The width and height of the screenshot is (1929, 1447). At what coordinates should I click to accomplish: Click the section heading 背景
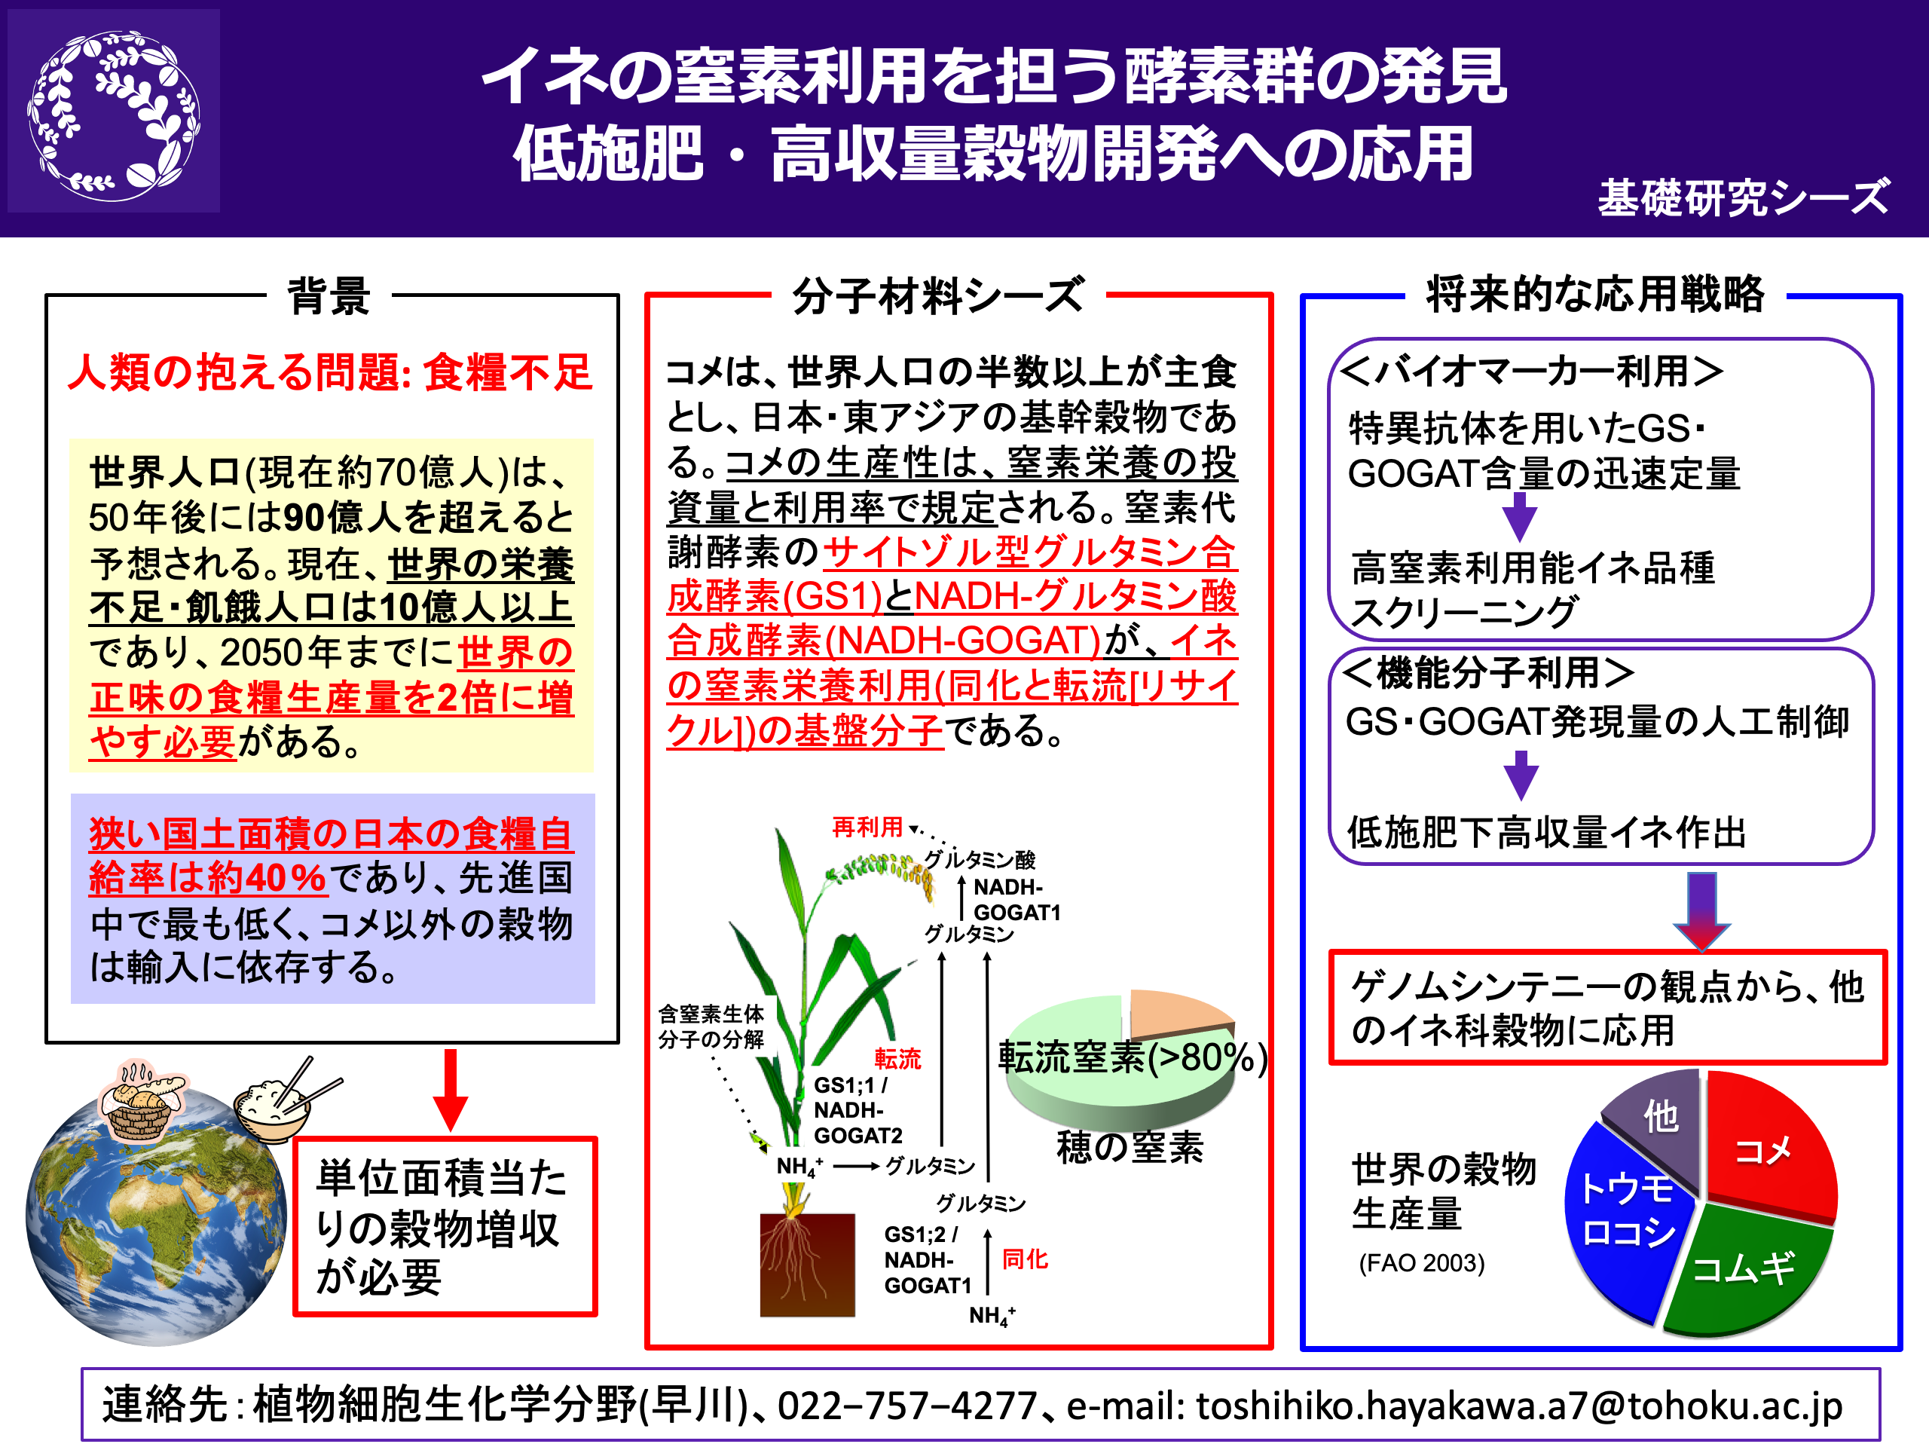pos(329,295)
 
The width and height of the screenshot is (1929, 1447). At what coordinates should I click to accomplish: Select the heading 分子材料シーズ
pos(938,295)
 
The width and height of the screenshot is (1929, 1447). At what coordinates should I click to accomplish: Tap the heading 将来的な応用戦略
pos(1595,294)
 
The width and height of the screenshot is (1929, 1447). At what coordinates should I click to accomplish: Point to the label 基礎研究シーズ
pos(1743,197)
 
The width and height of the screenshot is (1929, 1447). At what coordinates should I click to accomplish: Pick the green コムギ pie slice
pos(1748,1269)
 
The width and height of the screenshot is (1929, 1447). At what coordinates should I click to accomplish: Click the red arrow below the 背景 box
pos(450,1091)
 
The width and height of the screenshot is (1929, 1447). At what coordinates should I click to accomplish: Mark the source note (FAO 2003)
pos(1421,1263)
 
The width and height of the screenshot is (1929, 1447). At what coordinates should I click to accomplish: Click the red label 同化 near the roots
pos(1025,1259)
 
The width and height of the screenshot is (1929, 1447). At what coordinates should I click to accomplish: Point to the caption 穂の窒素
pos(1130,1147)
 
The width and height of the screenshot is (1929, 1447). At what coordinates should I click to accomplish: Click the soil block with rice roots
pos(807,1265)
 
